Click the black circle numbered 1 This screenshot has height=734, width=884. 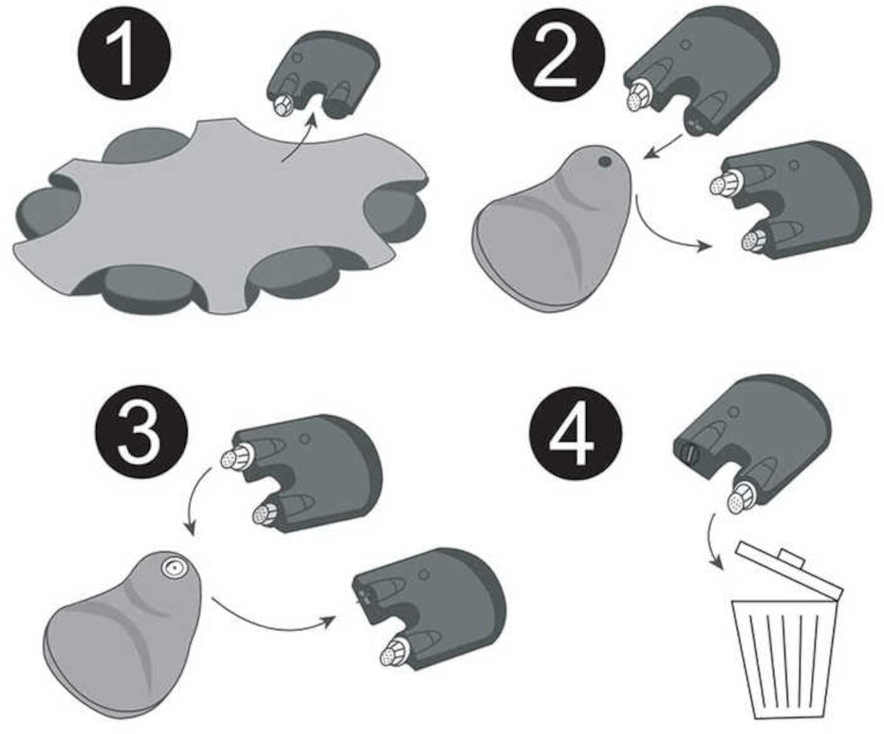click(x=124, y=53)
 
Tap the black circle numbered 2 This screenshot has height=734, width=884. click(x=558, y=54)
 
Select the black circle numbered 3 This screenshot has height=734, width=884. click(x=141, y=431)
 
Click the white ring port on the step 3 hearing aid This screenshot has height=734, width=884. click(x=174, y=568)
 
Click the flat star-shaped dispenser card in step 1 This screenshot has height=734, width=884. click(x=220, y=216)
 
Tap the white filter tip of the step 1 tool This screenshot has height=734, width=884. click(x=280, y=107)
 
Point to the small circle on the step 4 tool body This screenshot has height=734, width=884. click(x=734, y=412)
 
